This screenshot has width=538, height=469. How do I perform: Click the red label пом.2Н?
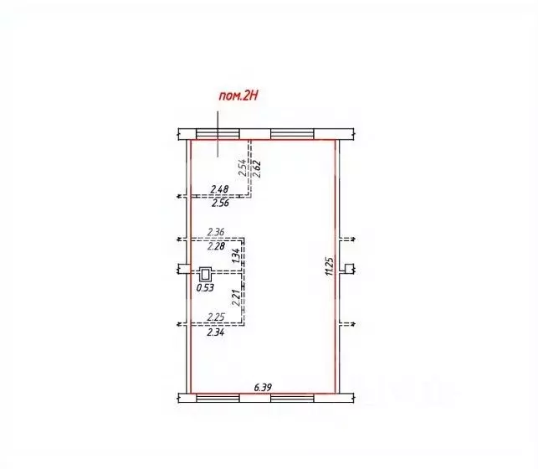point(238,96)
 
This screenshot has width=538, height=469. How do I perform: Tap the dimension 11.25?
point(330,266)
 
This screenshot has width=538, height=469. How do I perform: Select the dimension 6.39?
point(263,387)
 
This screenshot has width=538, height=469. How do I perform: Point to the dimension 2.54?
point(243,167)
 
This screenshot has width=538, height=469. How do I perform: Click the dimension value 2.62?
point(258,169)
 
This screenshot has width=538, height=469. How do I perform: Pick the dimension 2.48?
point(219,188)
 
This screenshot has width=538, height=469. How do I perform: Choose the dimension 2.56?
point(220,204)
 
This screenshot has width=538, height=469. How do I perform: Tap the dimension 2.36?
point(216,232)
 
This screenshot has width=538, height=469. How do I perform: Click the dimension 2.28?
point(216,246)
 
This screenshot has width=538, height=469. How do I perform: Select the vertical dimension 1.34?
point(235,256)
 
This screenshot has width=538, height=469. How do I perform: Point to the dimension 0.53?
point(205,288)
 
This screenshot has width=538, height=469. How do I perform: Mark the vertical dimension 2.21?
point(235,297)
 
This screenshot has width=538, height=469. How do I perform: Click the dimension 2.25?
point(216,317)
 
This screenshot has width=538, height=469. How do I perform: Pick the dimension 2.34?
point(216,332)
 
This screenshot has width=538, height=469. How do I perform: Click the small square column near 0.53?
point(206,275)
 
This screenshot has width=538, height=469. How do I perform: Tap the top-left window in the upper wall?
point(218,134)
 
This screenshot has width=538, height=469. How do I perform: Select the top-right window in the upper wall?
point(292,134)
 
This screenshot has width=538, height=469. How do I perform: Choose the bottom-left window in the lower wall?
point(218,398)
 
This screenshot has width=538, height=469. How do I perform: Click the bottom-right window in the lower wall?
point(292,398)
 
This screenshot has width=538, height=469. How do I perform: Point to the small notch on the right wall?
point(348,269)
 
